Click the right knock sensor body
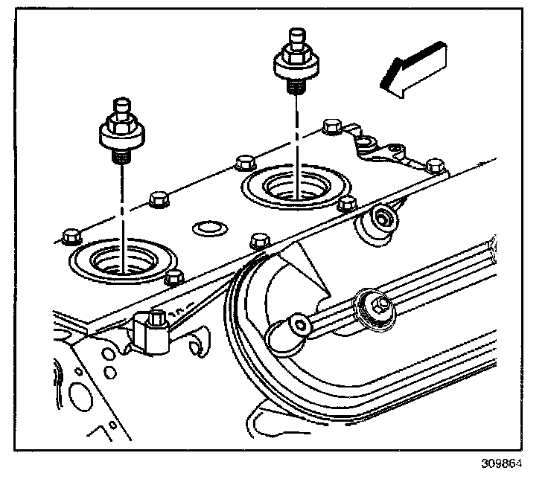coord(296,65)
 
